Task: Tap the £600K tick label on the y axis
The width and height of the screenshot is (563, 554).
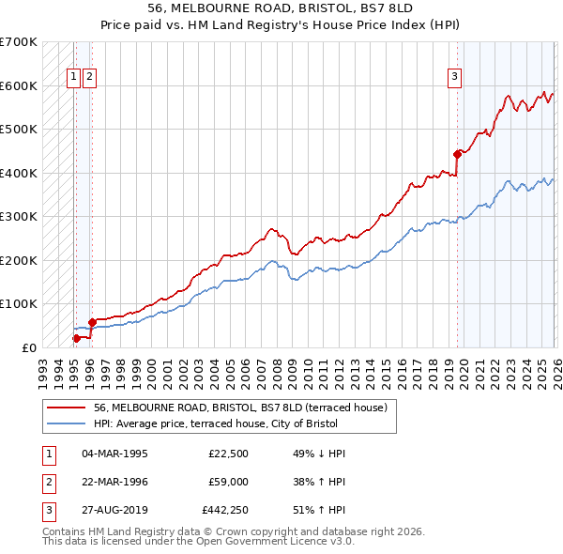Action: (18, 85)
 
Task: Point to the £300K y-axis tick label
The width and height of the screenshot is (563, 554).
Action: (18, 217)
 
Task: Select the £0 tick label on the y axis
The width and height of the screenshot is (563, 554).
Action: (29, 347)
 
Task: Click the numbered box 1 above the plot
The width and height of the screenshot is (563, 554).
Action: (73, 78)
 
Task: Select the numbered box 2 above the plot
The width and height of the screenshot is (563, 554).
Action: (89, 78)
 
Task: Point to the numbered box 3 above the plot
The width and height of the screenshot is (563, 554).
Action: (454, 78)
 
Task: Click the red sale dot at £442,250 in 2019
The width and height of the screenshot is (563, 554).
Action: (457, 154)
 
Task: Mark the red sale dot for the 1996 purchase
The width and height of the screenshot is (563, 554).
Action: (92, 322)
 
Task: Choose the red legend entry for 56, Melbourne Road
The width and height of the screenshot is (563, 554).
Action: (246, 408)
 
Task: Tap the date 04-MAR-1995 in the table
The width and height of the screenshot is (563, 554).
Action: (114, 454)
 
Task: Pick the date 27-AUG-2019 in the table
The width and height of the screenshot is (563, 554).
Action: (114, 513)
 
